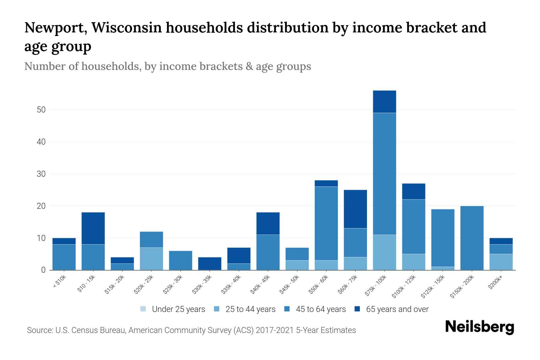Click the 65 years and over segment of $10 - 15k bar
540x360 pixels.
93,228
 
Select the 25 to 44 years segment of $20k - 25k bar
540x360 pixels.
151,259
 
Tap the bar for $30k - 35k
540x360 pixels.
210,263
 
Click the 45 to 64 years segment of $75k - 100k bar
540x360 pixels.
384,174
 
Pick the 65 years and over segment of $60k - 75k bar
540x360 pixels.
355,209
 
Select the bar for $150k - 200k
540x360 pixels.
472,238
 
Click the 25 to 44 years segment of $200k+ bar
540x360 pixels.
501,262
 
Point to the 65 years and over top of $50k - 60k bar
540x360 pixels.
326,183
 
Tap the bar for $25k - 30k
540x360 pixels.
181,260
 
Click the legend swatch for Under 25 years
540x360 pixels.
143,309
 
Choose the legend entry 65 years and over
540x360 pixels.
397,309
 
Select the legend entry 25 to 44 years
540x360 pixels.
250,309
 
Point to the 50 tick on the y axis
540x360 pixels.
41,110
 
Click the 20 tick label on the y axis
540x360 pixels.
41,206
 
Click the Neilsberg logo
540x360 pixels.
479,327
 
